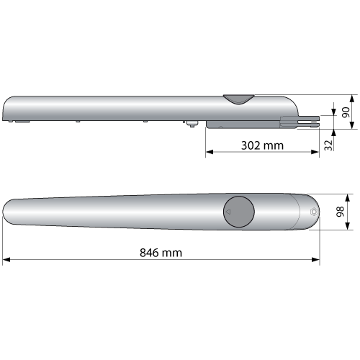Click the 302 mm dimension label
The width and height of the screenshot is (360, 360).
click(x=262, y=145)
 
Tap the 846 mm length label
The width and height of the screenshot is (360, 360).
click(x=161, y=253)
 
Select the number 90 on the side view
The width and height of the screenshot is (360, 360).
click(x=346, y=112)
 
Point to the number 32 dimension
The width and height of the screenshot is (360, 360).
click(x=328, y=145)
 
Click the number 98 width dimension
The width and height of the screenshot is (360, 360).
click(x=340, y=212)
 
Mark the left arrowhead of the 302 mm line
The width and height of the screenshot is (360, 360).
click(x=210, y=152)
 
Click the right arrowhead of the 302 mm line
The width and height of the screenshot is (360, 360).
click(x=315, y=152)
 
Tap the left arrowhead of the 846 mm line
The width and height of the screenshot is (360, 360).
click(x=6, y=259)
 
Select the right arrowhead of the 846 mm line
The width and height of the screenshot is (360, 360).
click(x=315, y=259)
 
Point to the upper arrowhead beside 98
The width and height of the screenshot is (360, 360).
click(x=348, y=198)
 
